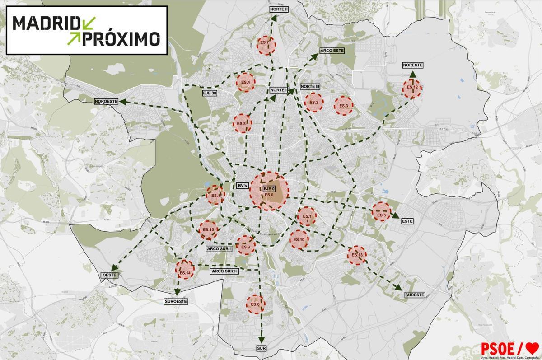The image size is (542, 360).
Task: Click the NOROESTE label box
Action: [x=106, y=102]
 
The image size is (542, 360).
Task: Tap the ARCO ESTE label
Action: [x=332, y=51]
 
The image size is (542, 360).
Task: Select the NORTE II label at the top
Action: [x=279, y=9]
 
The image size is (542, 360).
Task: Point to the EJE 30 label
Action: [x=210, y=93]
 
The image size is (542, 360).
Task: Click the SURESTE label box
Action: [x=415, y=295]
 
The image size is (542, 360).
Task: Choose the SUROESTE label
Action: [x=176, y=301]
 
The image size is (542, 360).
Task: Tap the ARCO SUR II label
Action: [x=224, y=271]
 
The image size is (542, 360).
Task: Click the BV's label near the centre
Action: [x=242, y=186]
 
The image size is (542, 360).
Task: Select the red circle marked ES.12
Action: [x=411, y=89]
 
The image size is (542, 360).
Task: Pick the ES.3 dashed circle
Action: [x=343, y=106]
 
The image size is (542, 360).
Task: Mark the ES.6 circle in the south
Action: [x=255, y=304]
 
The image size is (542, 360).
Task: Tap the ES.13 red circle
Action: [x=357, y=256]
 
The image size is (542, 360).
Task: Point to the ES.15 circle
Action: [x=208, y=230]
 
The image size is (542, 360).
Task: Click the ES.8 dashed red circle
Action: [x=242, y=123]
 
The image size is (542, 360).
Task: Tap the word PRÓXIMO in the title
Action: [x=121, y=38]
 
